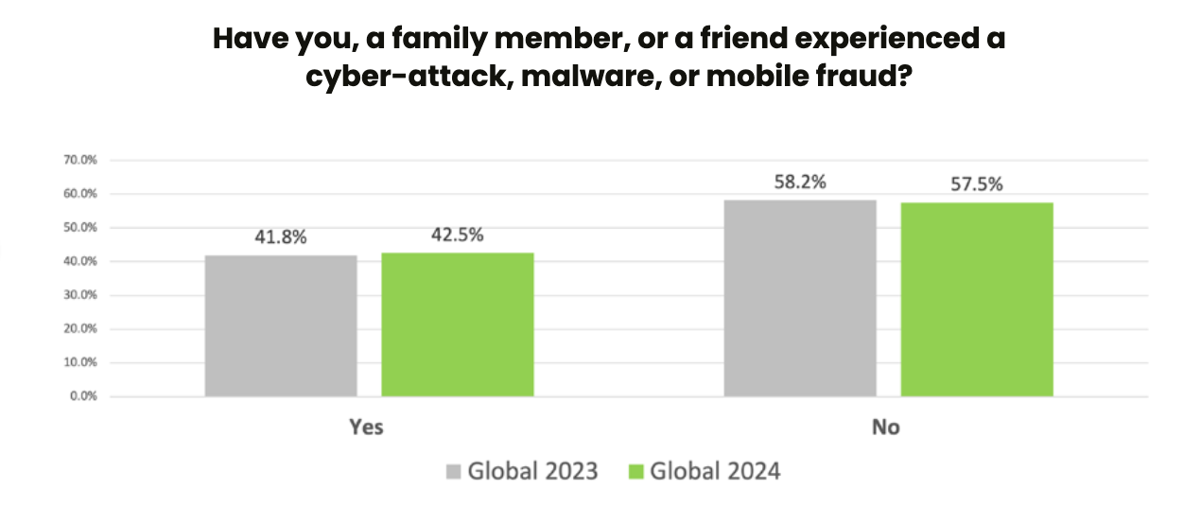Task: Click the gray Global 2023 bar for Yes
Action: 281,325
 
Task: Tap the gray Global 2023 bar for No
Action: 800,297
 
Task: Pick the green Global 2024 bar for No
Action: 977,299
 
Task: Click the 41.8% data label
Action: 281,237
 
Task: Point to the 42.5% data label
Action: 458,235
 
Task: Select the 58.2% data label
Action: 800,182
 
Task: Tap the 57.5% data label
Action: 977,185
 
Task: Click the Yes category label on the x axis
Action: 366,428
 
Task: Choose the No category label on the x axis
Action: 886,428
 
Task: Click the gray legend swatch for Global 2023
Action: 453,471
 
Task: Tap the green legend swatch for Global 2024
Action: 635,471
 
